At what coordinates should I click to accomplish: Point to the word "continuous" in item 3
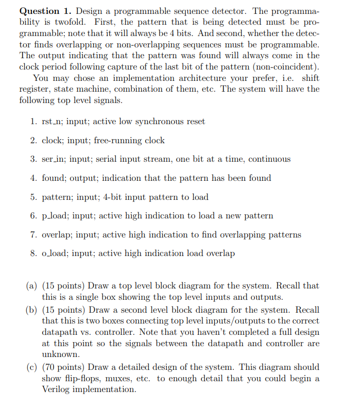click(x=269, y=159)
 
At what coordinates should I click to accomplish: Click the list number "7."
click(x=33, y=234)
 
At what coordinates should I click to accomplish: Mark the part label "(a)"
click(x=31, y=285)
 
